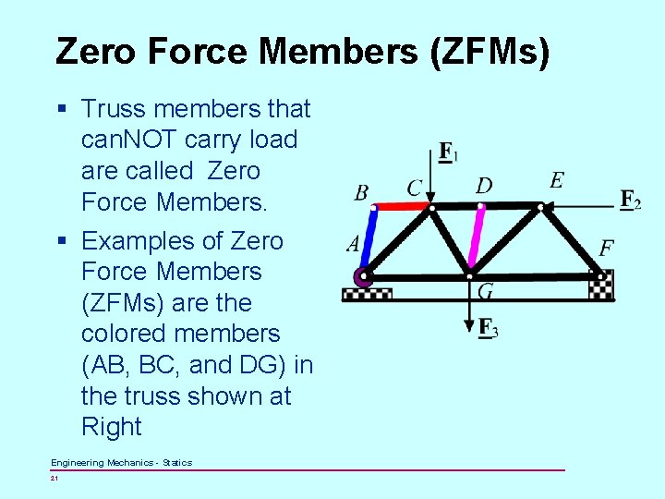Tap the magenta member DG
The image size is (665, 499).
(478, 241)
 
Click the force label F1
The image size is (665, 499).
(447, 152)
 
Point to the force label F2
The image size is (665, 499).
(631, 200)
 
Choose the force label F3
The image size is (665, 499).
(489, 327)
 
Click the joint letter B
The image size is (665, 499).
(361, 192)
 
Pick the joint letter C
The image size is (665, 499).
(415, 188)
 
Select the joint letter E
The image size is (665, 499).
(556, 179)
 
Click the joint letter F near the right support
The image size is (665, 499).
(607, 248)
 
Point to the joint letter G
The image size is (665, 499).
(486, 292)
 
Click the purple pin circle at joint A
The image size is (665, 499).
(362, 276)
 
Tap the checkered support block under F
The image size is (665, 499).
(601, 287)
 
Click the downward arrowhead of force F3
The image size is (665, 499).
(469, 326)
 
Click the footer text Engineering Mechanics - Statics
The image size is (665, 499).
(121, 462)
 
